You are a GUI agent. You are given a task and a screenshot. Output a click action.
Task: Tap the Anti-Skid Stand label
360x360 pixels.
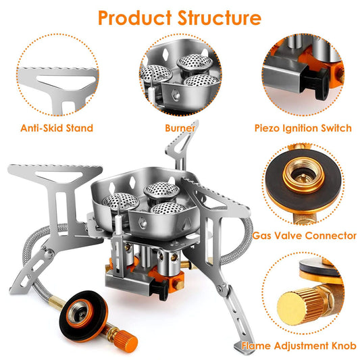click(57, 127)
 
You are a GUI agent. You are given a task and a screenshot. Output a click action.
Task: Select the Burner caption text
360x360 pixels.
click(180, 127)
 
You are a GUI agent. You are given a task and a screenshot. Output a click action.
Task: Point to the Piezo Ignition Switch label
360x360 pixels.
click(303, 127)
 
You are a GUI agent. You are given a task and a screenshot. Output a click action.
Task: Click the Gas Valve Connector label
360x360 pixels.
click(304, 236)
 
